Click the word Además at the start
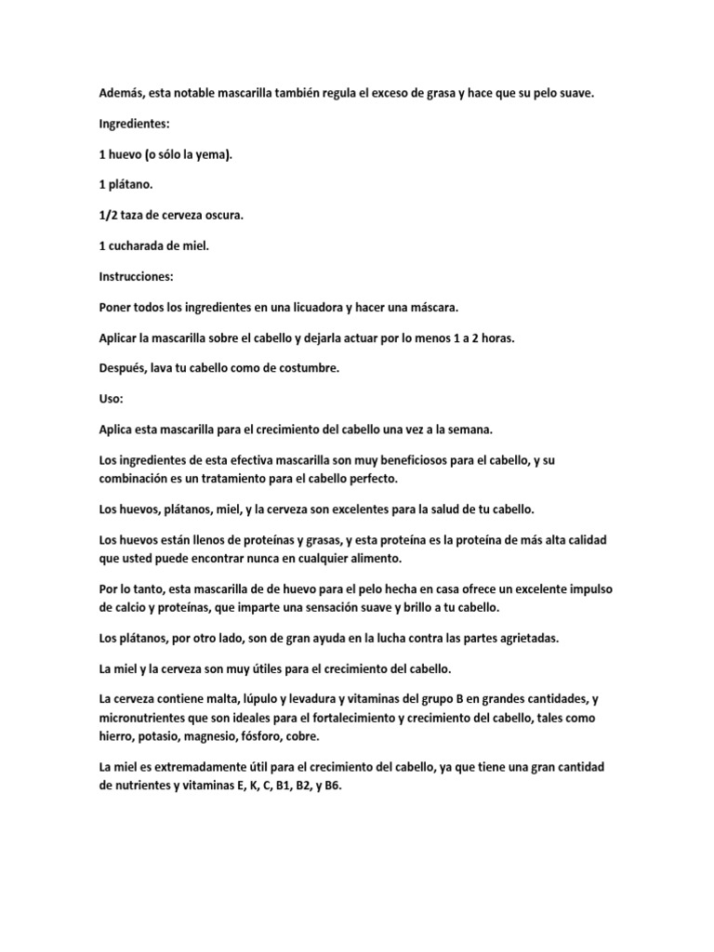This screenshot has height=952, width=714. [x=122, y=93]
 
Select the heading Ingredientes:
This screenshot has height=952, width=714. [x=138, y=124]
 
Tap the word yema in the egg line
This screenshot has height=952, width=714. [x=213, y=154]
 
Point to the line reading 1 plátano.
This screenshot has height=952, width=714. [x=126, y=185]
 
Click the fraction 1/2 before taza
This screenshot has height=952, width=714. [x=108, y=216]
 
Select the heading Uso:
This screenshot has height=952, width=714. [x=111, y=399]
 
